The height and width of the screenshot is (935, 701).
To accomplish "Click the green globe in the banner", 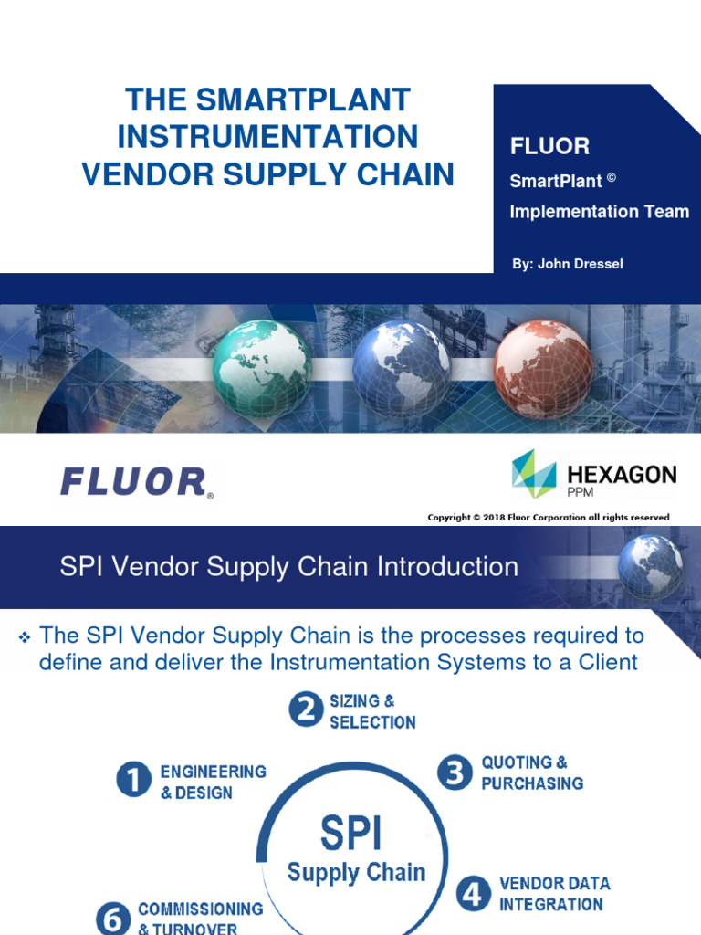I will [x=263, y=368].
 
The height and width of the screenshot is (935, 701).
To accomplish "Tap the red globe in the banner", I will [x=543, y=368].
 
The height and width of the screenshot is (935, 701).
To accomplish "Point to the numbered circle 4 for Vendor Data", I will [x=472, y=894].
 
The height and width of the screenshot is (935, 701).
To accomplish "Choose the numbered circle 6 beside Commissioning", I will [x=114, y=918].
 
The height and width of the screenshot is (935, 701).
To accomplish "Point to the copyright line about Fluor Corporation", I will [x=549, y=518].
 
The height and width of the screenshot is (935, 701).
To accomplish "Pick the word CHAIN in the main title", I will [x=403, y=173].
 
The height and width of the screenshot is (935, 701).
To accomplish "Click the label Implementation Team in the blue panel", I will [x=599, y=212].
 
